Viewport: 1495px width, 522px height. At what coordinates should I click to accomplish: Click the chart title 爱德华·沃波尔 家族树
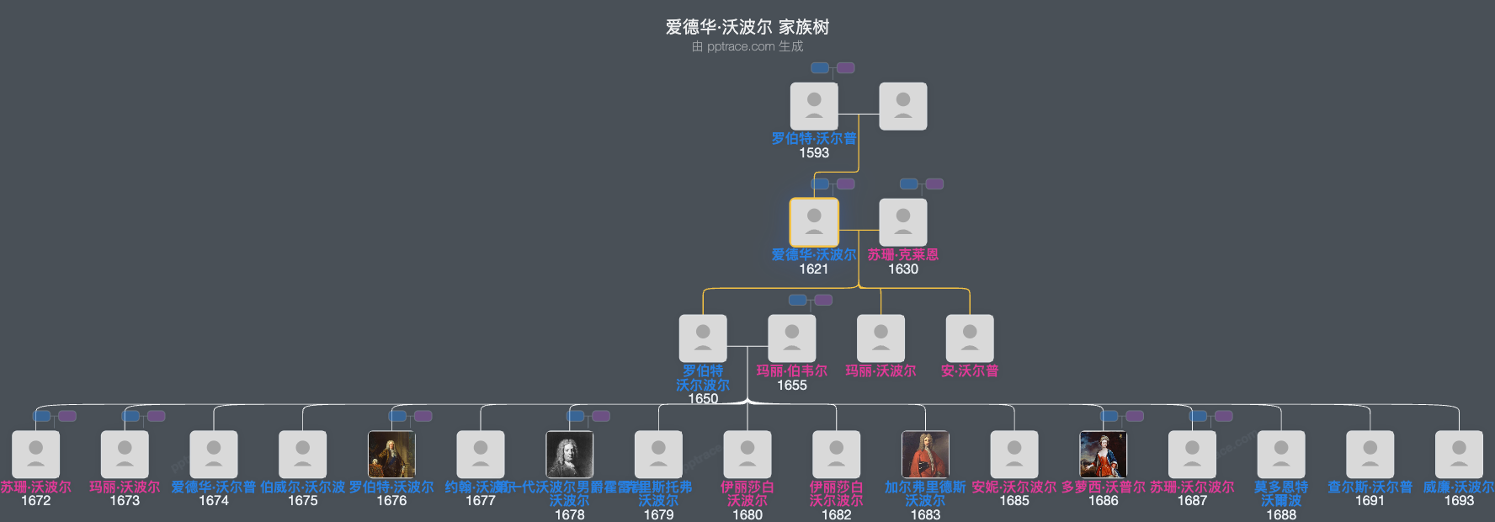(747, 27)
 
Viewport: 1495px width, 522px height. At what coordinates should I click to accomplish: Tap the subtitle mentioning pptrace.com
(747, 46)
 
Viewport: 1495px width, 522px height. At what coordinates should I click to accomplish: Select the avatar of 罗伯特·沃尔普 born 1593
(814, 106)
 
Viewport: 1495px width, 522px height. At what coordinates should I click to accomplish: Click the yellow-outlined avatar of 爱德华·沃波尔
(814, 222)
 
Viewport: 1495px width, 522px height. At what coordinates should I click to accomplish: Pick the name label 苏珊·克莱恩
(903, 254)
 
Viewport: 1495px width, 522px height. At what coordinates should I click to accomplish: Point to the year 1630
(903, 269)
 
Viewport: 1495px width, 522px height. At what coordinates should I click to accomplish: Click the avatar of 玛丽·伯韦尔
(792, 338)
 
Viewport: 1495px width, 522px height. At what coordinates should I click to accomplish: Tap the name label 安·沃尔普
(970, 370)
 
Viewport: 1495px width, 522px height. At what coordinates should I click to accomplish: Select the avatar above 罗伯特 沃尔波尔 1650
(703, 338)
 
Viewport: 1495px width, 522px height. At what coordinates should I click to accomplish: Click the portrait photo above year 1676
(391, 455)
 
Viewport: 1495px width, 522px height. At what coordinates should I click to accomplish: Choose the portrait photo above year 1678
(570, 455)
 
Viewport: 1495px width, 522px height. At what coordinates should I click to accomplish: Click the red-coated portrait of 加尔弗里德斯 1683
(925, 455)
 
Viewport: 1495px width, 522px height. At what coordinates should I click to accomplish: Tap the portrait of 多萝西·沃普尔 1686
(1104, 455)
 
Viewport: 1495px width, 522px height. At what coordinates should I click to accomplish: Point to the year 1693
(1459, 500)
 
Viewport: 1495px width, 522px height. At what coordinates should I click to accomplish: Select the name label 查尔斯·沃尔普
(1370, 487)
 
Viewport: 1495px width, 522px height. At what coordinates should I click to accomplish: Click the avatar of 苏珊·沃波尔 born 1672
(36, 455)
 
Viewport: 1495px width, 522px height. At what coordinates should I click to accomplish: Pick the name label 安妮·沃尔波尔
(1014, 487)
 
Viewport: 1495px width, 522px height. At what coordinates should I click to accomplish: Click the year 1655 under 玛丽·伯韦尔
(792, 385)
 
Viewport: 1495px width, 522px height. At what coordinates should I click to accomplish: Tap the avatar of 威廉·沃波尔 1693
(1459, 455)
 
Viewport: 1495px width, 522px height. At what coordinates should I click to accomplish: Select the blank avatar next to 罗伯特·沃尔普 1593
(903, 106)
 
